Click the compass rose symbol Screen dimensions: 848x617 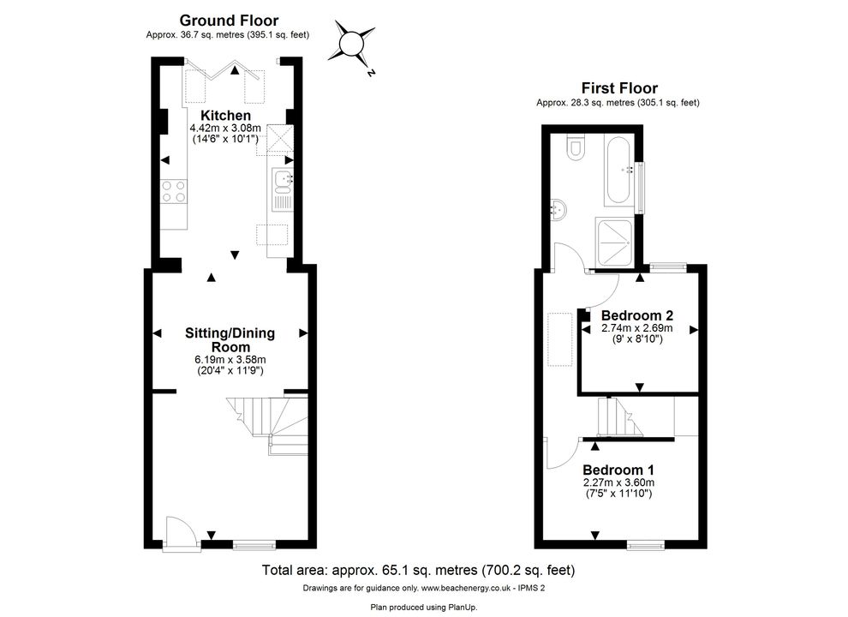pyautogui.click(x=351, y=43)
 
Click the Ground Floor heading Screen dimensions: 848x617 pyautogui.click(x=229, y=21)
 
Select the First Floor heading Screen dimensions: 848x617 pyautogui.click(x=619, y=87)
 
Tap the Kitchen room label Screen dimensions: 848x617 pyautogui.click(x=225, y=116)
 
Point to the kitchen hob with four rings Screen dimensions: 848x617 pyautogui.click(x=174, y=192)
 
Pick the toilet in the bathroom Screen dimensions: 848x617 pyautogui.click(x=575, y=147)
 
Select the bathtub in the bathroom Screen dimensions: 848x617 pyautogui.click(x=620, y=170)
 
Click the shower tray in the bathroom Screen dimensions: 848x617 pyautogui.click(x=614, y=243)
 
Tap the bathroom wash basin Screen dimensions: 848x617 pyautogui.click(x=559, y=209)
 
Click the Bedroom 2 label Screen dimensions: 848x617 pyautogui.click(x=637, y=315)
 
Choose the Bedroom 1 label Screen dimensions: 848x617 pyautogui.click(x=618, y=470)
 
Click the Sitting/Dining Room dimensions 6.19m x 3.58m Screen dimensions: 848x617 pyautogui.click(x=230, y=359)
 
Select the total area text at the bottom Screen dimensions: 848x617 pyautogui.click(x=418, y=570)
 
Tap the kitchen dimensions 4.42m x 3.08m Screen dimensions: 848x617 pyautogui.click(x=225, y=129)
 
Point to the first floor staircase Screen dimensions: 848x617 pyautogui.click(x=619, y=416)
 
